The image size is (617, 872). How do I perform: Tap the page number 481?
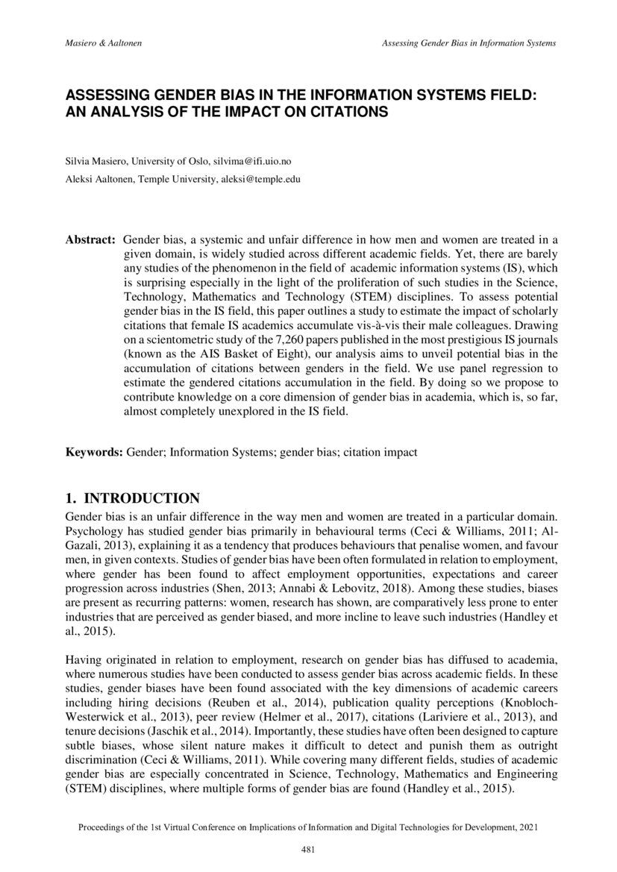click(x=307, y=849)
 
